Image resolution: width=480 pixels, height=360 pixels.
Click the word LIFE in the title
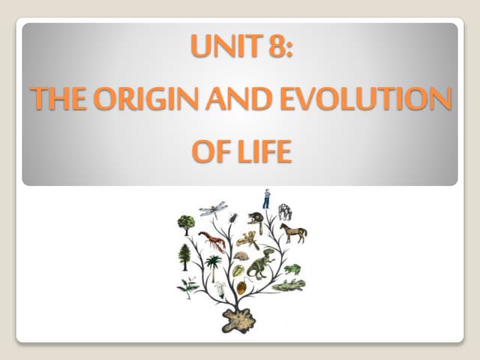pos(263,151)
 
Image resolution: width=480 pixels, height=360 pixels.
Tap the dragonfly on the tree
pos(213,208)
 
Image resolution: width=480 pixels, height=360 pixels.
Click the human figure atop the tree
pos(266,199)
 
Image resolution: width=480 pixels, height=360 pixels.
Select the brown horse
pos(293,232)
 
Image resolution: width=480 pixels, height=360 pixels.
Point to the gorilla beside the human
pos(285,211)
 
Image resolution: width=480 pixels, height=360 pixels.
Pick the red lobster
pos(211,241)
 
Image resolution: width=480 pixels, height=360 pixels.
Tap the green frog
pos(292,268)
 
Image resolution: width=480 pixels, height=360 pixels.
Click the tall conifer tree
pos(184,257)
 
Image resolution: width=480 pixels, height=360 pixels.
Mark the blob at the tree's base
pos(238,319)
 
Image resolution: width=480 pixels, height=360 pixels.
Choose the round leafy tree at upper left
pos(186,223)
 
